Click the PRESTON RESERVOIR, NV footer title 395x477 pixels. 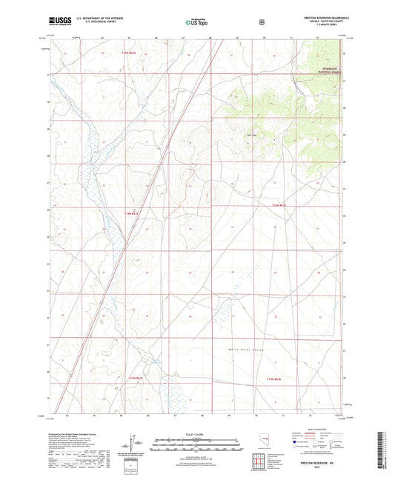click(x=318, y=461)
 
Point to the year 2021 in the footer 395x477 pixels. click(x=318, y=467)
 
